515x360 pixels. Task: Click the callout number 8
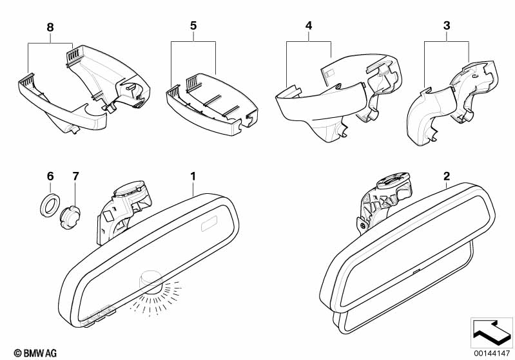(x=50, y=28)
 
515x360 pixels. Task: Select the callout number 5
(x=192, y=28)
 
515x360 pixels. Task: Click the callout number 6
(x=50, y=176)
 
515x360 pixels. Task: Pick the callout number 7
(x=75, y=176)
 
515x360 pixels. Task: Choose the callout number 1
(x=192, y=175)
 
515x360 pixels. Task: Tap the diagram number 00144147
(x=491, y=353)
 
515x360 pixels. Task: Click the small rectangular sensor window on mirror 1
(x=210, y=226)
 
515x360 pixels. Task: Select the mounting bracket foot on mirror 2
(x=366, y=219)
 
